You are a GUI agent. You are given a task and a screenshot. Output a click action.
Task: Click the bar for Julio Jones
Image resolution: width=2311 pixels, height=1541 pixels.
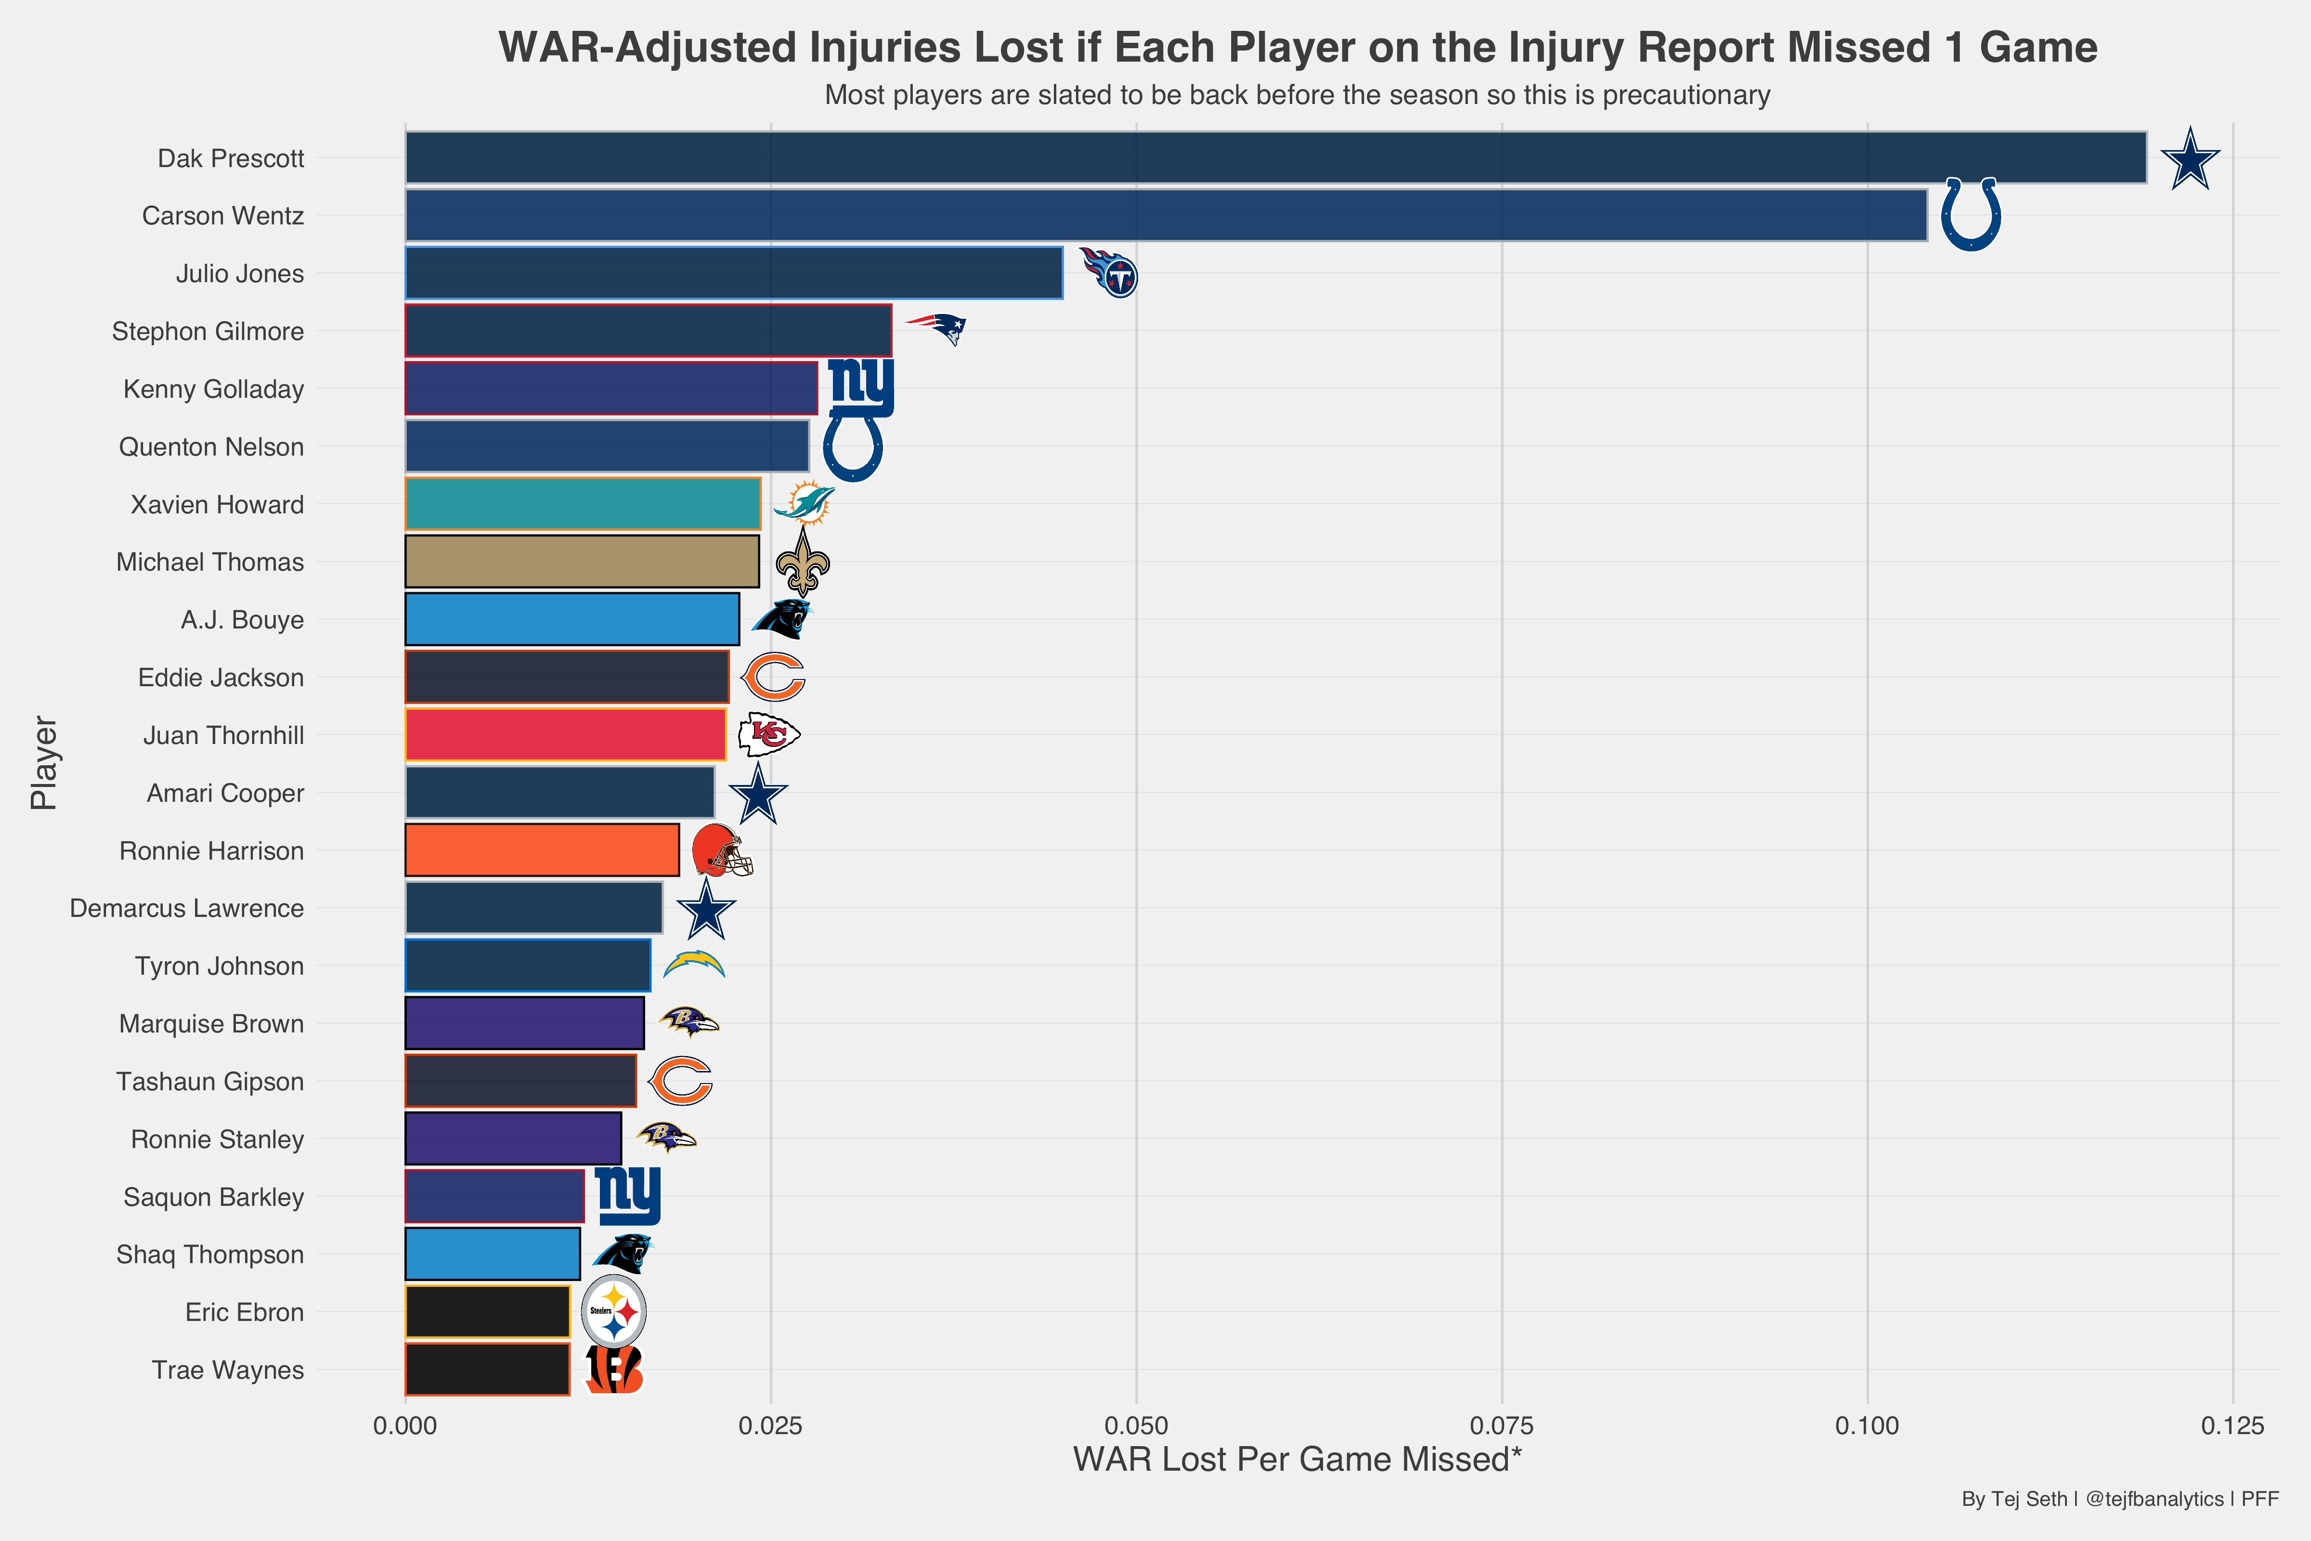(x=733, y=273)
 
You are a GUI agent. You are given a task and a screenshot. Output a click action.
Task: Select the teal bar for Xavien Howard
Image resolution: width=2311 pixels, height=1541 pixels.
(x=583, y=504)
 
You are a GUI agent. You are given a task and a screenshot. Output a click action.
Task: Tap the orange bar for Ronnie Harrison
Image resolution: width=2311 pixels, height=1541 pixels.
(x=541, y=850)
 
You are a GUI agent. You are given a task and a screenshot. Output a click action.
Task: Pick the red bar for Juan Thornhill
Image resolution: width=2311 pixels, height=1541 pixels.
(x=565, y=735)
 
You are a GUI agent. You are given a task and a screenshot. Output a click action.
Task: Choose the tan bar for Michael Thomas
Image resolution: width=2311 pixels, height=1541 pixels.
(x=582, y=562)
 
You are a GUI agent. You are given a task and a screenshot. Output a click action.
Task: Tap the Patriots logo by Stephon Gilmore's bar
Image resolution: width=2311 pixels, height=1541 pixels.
(x=936, y=328)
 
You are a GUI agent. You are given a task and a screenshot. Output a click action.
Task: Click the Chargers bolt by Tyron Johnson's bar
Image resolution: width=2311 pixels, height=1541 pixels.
(x=694, y=964)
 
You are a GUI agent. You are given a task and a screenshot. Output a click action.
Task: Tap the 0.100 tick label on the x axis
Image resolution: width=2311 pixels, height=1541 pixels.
(x=1867, y=1426)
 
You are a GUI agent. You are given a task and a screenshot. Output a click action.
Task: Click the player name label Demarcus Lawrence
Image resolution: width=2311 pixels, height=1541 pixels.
(x=187, y=908)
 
